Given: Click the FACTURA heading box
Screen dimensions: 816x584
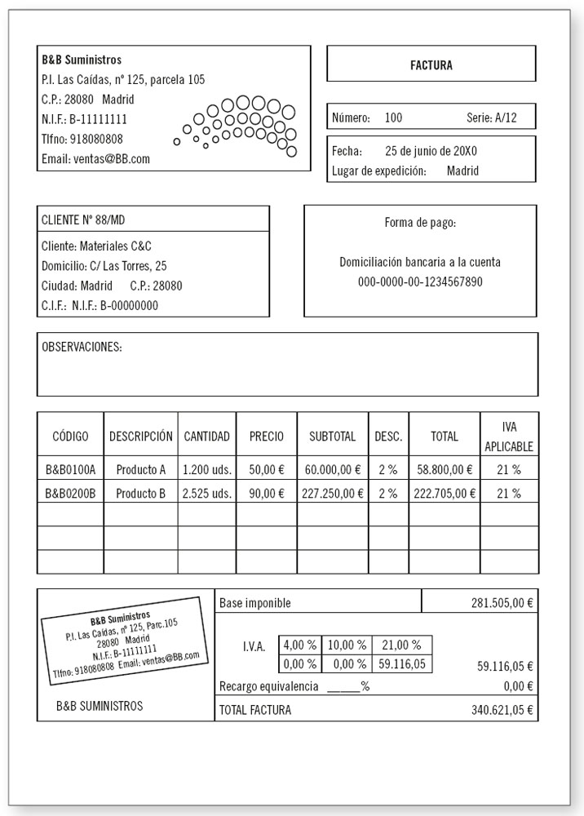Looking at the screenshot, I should click(x=431, y=64).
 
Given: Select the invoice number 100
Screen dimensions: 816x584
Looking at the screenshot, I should click(x=393, y=118).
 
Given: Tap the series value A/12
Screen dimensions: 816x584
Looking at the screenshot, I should click(x=505, y=118).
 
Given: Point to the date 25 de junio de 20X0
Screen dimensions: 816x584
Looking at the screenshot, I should click(x=430, y=151).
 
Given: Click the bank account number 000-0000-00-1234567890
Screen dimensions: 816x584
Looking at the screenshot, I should click(x=420, y=282).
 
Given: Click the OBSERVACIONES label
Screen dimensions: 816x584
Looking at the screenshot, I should click(x=82, y=347).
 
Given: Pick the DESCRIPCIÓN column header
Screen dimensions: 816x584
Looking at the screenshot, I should click(x=141, y=437).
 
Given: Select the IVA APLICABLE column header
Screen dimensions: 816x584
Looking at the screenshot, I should click(x=508, y=437).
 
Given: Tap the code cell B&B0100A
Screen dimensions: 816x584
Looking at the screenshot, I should click(x=70, y=469).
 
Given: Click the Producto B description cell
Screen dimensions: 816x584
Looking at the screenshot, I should click(x=141, y=493).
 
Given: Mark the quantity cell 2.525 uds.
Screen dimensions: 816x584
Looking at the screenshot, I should click(x=207, y=493).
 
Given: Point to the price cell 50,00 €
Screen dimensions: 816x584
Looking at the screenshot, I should click(x=267, y=469).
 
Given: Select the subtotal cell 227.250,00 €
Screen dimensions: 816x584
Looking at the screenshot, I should click(x=333, y=493).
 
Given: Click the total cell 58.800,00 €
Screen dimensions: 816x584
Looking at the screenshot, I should click(x=445, y=469).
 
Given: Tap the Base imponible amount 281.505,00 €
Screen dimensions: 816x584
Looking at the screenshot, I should click(x=502, y=603).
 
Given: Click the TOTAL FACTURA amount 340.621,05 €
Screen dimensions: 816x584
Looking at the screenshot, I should click(x=502, y=710).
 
